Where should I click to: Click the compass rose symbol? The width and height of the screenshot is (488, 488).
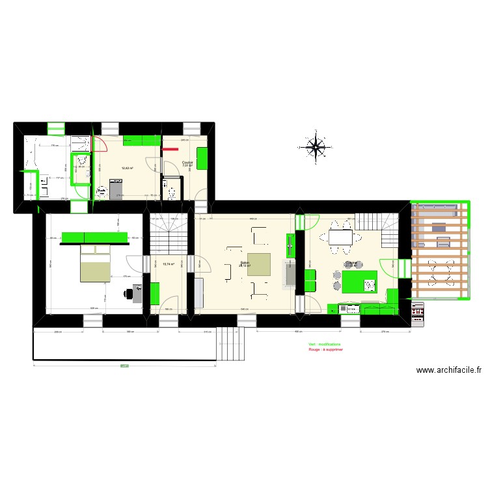pos(316,147)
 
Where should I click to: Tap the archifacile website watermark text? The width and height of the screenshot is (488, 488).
pos(448,370)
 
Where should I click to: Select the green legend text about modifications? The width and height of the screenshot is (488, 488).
pos(324,345)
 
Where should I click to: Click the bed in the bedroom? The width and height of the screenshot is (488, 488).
pos(96,263)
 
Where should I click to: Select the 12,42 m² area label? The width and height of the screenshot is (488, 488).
pos(127,169)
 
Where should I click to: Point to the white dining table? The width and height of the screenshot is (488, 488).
pos(342,237)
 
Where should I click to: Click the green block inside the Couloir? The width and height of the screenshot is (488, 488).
pos(202,157)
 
